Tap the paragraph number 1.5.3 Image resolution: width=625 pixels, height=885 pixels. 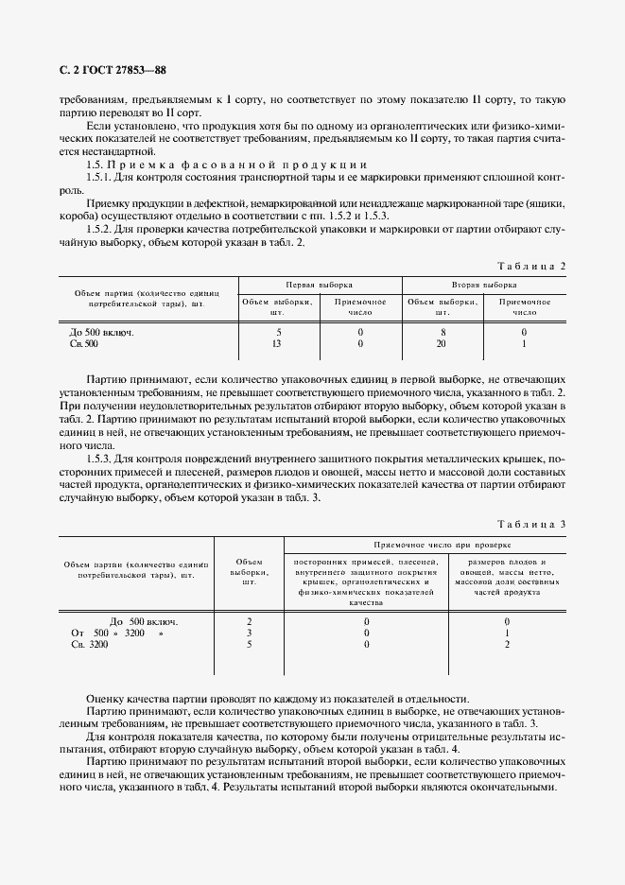[x=100, y=458]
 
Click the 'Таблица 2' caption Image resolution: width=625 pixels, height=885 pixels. [x=531, y=266]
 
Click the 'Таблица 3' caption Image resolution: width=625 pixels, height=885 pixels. [x=531, y=524]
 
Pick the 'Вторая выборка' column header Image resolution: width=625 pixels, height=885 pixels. [x=484, y=284]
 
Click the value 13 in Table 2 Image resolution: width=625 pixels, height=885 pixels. [x=277, y=344]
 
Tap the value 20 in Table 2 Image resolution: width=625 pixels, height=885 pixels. [x=442, y=344]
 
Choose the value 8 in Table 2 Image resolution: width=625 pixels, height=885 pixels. [x=442, y=333]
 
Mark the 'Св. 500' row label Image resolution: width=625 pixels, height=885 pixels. [x=84, y=344]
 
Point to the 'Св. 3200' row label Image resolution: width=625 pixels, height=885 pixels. [x=90, y=645]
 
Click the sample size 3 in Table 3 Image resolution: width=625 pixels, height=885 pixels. [x=249, y=633]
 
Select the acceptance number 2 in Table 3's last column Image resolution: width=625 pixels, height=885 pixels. [x=508, y=645]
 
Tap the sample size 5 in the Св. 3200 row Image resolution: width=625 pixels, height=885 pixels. [x=249, y=645]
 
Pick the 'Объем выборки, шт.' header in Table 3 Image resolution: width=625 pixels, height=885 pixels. [x=249, y=570]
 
